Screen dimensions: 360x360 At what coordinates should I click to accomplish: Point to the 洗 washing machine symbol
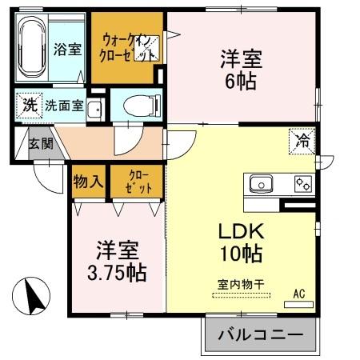click(29, 105)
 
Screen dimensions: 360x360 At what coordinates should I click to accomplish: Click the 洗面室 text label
click(64, 105)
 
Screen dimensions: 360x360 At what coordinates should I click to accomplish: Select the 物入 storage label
click(88, 181)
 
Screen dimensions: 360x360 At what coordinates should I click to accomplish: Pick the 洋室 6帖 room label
click(240, 69)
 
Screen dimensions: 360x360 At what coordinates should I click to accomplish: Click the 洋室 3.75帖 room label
click(115, 260)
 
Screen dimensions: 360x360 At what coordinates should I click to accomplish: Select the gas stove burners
click(303, 184)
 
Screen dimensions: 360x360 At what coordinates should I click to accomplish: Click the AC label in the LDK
click(299, 294)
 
